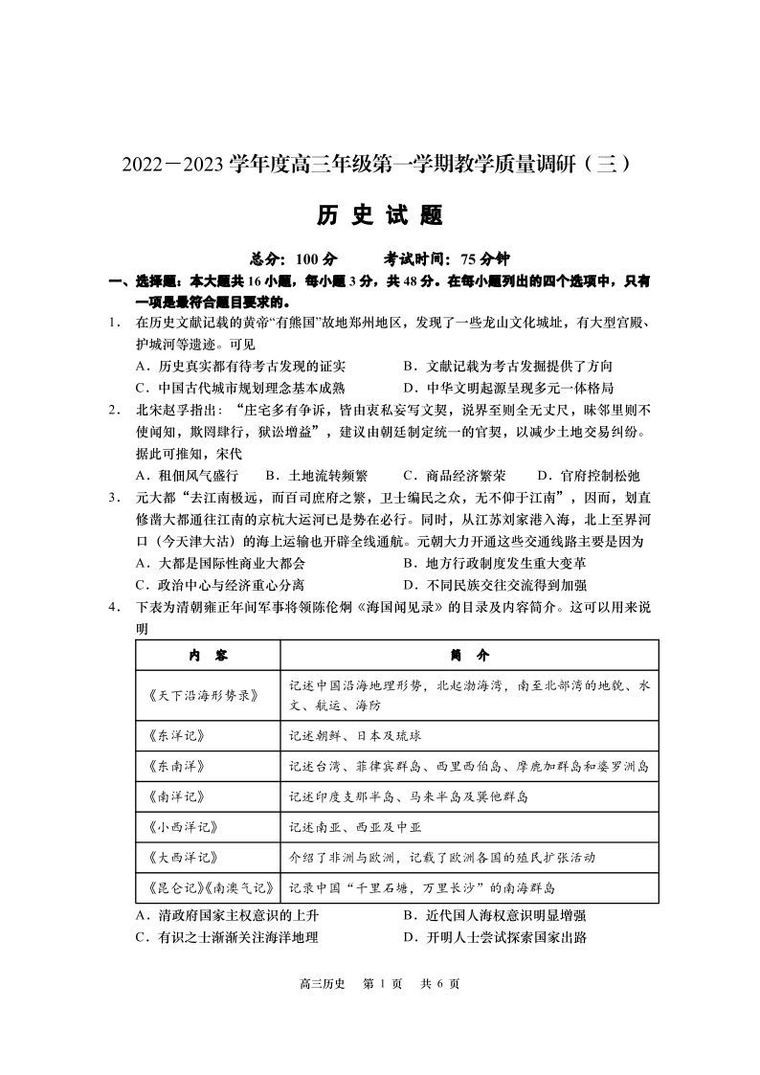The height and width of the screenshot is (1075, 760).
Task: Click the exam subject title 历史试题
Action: (x=380, y=216)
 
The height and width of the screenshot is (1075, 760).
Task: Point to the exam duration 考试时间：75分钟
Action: (x=447, y=259)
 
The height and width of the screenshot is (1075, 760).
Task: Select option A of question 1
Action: (x=240, y=367)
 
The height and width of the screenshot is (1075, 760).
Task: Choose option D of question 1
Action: (x=508, y=388)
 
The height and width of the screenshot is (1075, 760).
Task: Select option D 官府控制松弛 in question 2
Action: (x=588, y=475)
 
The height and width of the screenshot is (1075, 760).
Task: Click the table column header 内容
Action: (x=208, y=655)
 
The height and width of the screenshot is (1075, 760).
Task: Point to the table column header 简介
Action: (x=469, y=655)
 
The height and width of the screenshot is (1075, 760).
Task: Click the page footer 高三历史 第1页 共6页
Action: (x=380, y=985)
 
